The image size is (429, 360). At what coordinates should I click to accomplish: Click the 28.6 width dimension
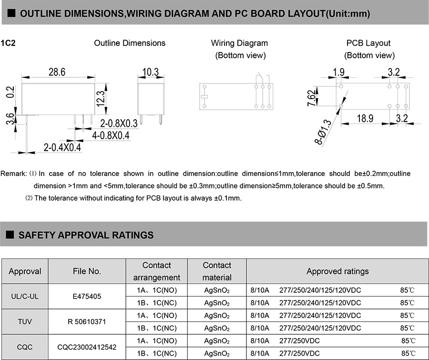[x=56, y=72]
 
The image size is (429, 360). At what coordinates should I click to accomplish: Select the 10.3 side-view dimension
[x=150, y=72]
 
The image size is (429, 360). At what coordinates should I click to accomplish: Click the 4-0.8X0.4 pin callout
[x=111, y=135]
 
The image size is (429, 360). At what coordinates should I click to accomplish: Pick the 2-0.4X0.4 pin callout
[x=62, y=147]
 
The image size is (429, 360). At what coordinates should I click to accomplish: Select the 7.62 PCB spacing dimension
[x=311, y=98]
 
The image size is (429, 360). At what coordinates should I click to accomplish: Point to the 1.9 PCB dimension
[x=339, y=72]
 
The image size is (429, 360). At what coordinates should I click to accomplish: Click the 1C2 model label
[x=9, y=43]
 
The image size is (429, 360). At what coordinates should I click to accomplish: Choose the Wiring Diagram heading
[x=239, y=43]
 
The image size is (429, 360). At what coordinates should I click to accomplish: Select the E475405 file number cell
[x=87, y=296]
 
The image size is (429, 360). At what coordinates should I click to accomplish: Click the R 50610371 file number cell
[x=87, y=322]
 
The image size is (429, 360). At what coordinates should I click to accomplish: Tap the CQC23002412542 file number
[x=87, y=347]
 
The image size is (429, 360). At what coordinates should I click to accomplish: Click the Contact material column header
[x=217, y=271]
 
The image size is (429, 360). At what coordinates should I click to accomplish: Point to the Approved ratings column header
[x=337, y=271]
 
